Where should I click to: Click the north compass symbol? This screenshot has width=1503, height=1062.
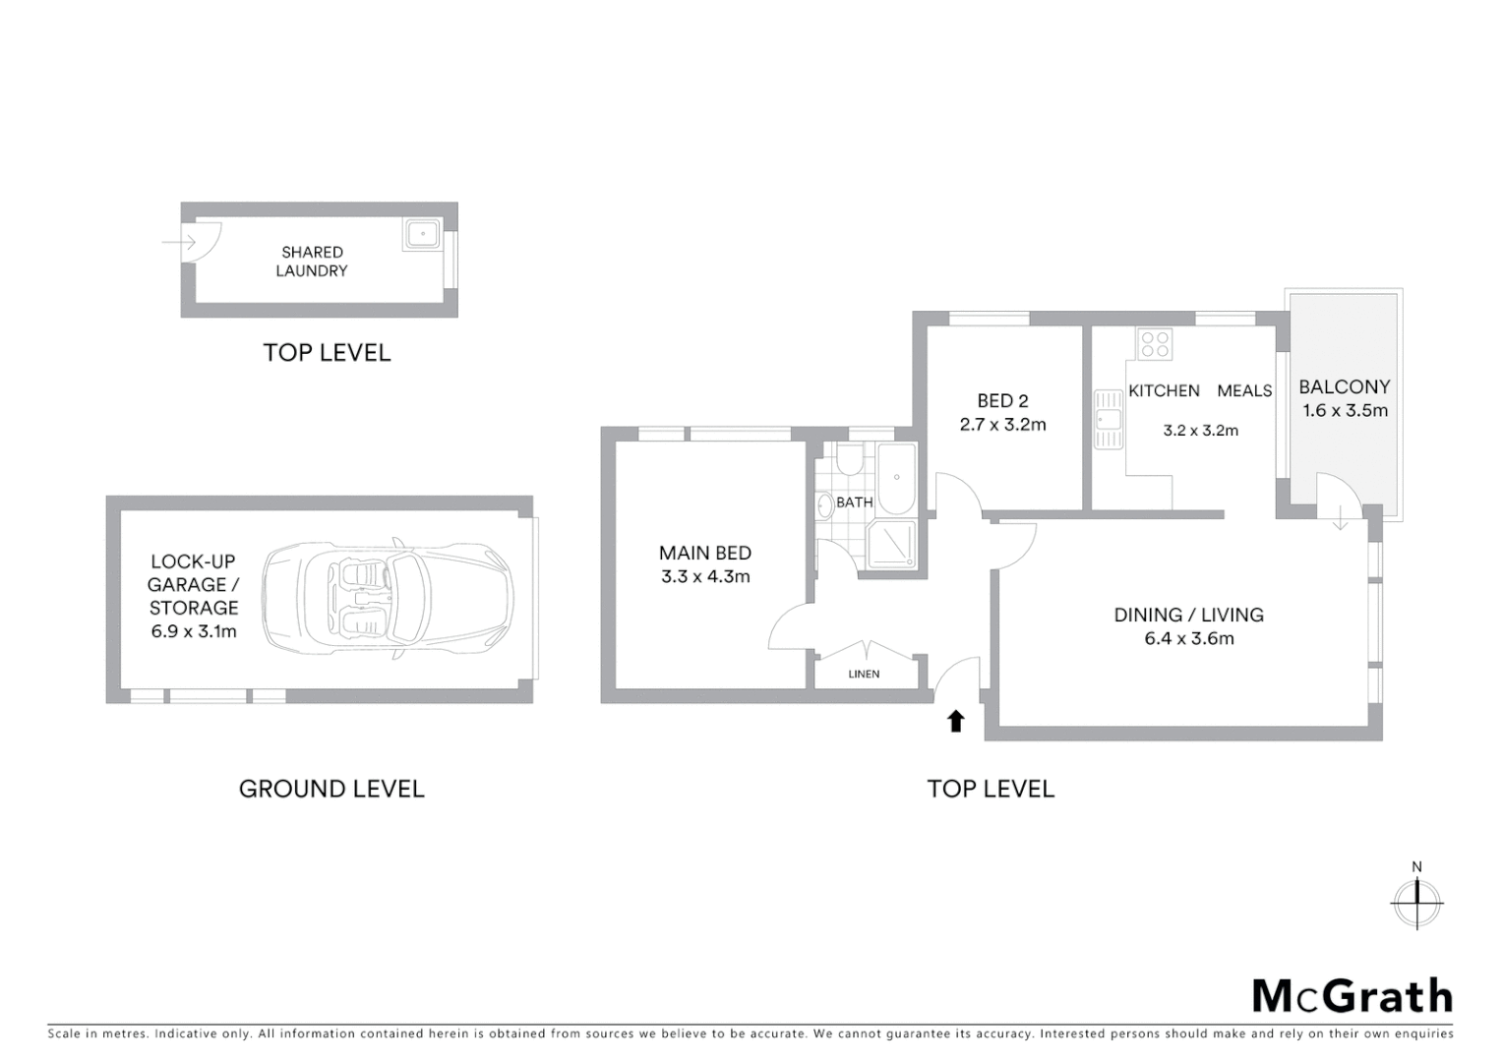(x=1416, y=901)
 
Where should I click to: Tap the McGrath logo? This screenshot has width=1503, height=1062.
(x=1352, y=996)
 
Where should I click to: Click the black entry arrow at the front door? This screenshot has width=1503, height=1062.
(x=954, y=722)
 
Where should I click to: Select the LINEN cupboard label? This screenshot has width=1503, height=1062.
(x=864, y=674)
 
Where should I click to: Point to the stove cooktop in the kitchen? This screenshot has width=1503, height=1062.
(x=1155, y=343)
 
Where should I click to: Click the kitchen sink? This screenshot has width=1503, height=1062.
(x=1109, y=419)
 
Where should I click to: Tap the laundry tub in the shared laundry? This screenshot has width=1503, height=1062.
(x=422, y=235)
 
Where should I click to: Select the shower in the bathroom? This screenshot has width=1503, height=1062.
(x=891, y=544)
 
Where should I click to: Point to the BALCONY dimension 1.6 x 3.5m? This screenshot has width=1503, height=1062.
(x=1345, y=411)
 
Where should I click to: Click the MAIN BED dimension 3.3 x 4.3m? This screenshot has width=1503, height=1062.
(x=705, y=577)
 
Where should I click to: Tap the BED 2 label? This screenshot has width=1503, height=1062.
(x=1002, y=400)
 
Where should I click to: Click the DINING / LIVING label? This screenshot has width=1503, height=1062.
(x=1188, y=615)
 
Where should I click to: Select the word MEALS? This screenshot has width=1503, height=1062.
(x=1244, y=390)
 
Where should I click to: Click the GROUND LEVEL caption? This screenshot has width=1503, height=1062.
(x=331, y=789)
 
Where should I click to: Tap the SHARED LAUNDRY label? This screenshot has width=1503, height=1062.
(x=312, y=262)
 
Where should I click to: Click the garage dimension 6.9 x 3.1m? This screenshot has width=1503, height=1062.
(x=194, y=631)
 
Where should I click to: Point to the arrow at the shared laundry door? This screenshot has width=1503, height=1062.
(x=178, y=242)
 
